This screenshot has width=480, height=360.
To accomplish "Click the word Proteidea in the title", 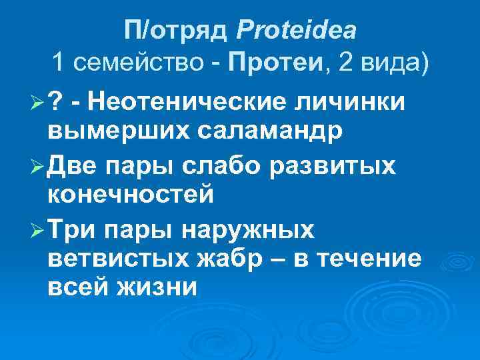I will pyautogui.click(x=296, y=30).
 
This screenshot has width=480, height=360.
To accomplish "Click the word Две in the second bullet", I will pyautogui.click(x=71, y=165).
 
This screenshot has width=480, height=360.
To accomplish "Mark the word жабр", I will pyautogui.click(x=230, y=259).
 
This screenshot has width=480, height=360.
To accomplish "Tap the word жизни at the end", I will pyautogui.click(x=160, y=288).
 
